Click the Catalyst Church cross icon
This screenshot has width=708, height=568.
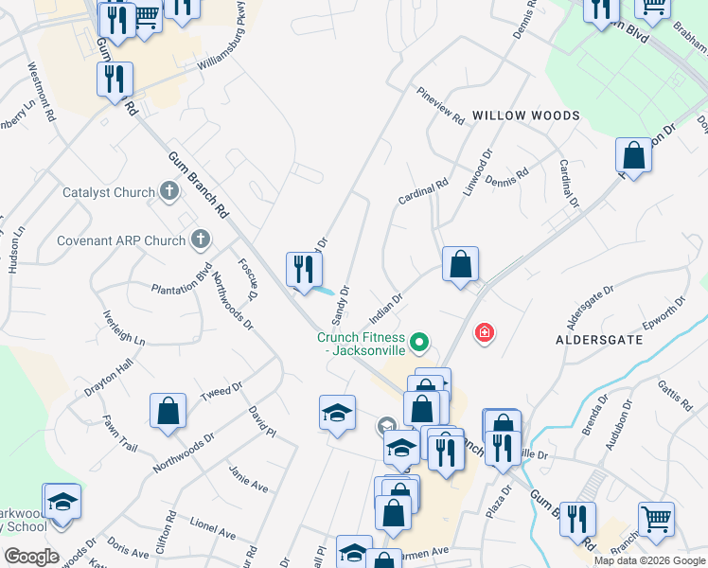click(169, 192)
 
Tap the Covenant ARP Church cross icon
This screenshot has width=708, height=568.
click(201, 240)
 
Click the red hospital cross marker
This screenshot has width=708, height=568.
click(485, 333)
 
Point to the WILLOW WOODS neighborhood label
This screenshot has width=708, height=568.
click(525, 115)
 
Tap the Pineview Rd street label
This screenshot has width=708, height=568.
click(440, 106)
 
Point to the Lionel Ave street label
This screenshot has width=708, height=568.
click(212, 527)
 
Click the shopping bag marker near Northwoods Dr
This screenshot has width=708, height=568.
click(168, 412)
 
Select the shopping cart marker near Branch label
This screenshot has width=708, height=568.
click(655, 519)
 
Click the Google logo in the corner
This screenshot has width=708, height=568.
click(31, 557)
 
